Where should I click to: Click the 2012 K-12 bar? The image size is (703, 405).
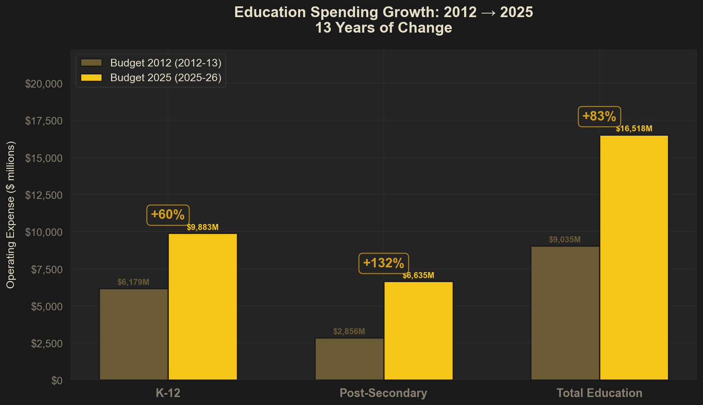[x=134, y=334]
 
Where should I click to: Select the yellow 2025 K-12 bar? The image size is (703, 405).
[x=203, y=306]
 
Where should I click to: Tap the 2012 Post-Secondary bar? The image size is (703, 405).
[x=350, y=359]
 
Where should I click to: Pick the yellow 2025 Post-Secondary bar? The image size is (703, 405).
[x=418, y=330]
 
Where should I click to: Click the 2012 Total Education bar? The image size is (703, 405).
[x=565, y=313]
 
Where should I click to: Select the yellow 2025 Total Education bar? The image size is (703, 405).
[x=634, y=257]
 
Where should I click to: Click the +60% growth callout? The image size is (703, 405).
[x=168, y=215]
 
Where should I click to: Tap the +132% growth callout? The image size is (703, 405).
[x=384, y=263]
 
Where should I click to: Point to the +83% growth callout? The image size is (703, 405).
[x=599, y=117]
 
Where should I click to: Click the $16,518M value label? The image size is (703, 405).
[x=634, y=129]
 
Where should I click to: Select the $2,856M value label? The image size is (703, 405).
[x=349, y=331]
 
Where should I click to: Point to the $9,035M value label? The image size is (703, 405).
[x=565, y=239]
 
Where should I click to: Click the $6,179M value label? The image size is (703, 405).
[x=133, y=282]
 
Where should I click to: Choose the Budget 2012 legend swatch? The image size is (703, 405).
[x=92, y=63]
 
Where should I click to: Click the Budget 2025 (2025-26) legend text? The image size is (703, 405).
[x=166, y=78]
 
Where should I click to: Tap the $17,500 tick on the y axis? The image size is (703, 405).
[x=44, y=121]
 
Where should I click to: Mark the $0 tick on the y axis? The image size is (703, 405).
[x=57, y=381]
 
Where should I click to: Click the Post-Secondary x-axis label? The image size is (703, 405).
[x=383, y=393]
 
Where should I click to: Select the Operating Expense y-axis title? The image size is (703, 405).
[x=11, y=215]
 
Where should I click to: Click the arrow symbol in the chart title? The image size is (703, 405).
[x=488, y=13]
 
